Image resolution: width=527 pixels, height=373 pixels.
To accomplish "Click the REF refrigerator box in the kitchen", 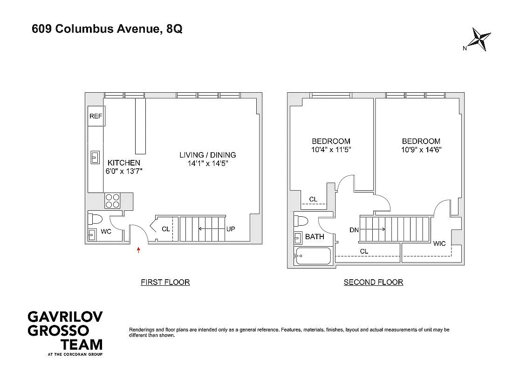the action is (x=96, y=116).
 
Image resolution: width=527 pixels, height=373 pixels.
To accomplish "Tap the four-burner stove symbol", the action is (x=112, y=201).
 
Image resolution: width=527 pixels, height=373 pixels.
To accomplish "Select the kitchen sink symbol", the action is (x=95, y=158).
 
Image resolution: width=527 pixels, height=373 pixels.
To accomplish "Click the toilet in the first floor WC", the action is (x=95, y=219).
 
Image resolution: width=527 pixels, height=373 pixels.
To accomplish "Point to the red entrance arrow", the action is (x=138, y=250).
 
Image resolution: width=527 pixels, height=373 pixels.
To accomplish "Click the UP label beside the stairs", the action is (x=231, y=229).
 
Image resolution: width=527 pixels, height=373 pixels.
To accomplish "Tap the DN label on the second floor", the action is (x=354, y=230).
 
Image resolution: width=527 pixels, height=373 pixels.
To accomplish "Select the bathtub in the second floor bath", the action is (x=313, y=256).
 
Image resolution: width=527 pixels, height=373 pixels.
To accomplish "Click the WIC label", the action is (x=439, y=243).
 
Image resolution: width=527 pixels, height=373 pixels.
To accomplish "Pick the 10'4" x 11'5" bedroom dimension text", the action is (x=331, y=150).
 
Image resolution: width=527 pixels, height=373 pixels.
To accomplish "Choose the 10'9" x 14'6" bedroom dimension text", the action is (x=421, y=150).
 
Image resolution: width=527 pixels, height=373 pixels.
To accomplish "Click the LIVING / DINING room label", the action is (x=208, y=155).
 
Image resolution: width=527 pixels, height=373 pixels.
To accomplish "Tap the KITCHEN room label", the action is (x=124, y=163).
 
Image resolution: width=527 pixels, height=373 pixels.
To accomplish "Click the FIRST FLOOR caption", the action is (x=165, y=282).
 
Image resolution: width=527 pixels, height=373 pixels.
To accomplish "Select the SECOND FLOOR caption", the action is (x=373, y=282).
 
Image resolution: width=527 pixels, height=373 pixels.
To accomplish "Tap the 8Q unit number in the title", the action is (x=174, y=29).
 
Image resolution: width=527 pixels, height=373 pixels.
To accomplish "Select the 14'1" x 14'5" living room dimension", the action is (x=208, y=164).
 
